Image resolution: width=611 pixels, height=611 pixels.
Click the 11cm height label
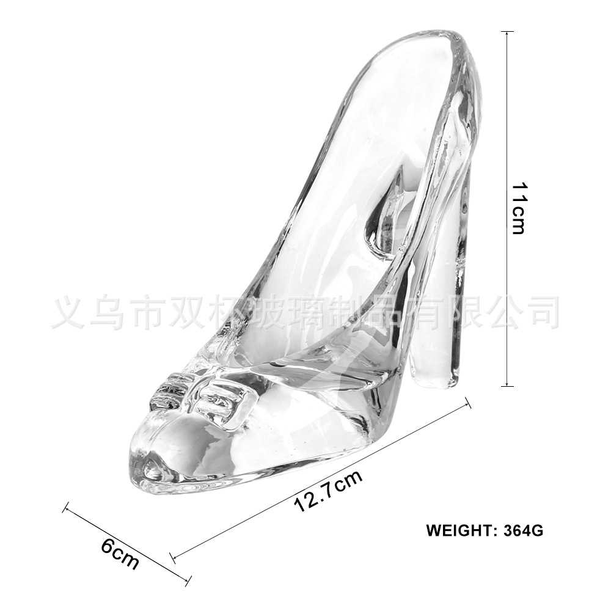pos(518,208)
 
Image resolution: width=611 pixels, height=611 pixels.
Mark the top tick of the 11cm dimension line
pos(507,32)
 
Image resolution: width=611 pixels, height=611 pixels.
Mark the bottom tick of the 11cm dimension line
pos(507,386)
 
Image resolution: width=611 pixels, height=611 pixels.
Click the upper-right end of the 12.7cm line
pos(469,403)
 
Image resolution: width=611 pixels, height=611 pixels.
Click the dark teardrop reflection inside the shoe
pos(379,220)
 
